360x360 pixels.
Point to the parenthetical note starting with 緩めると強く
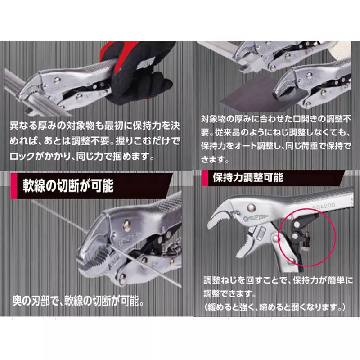[274, 307]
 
